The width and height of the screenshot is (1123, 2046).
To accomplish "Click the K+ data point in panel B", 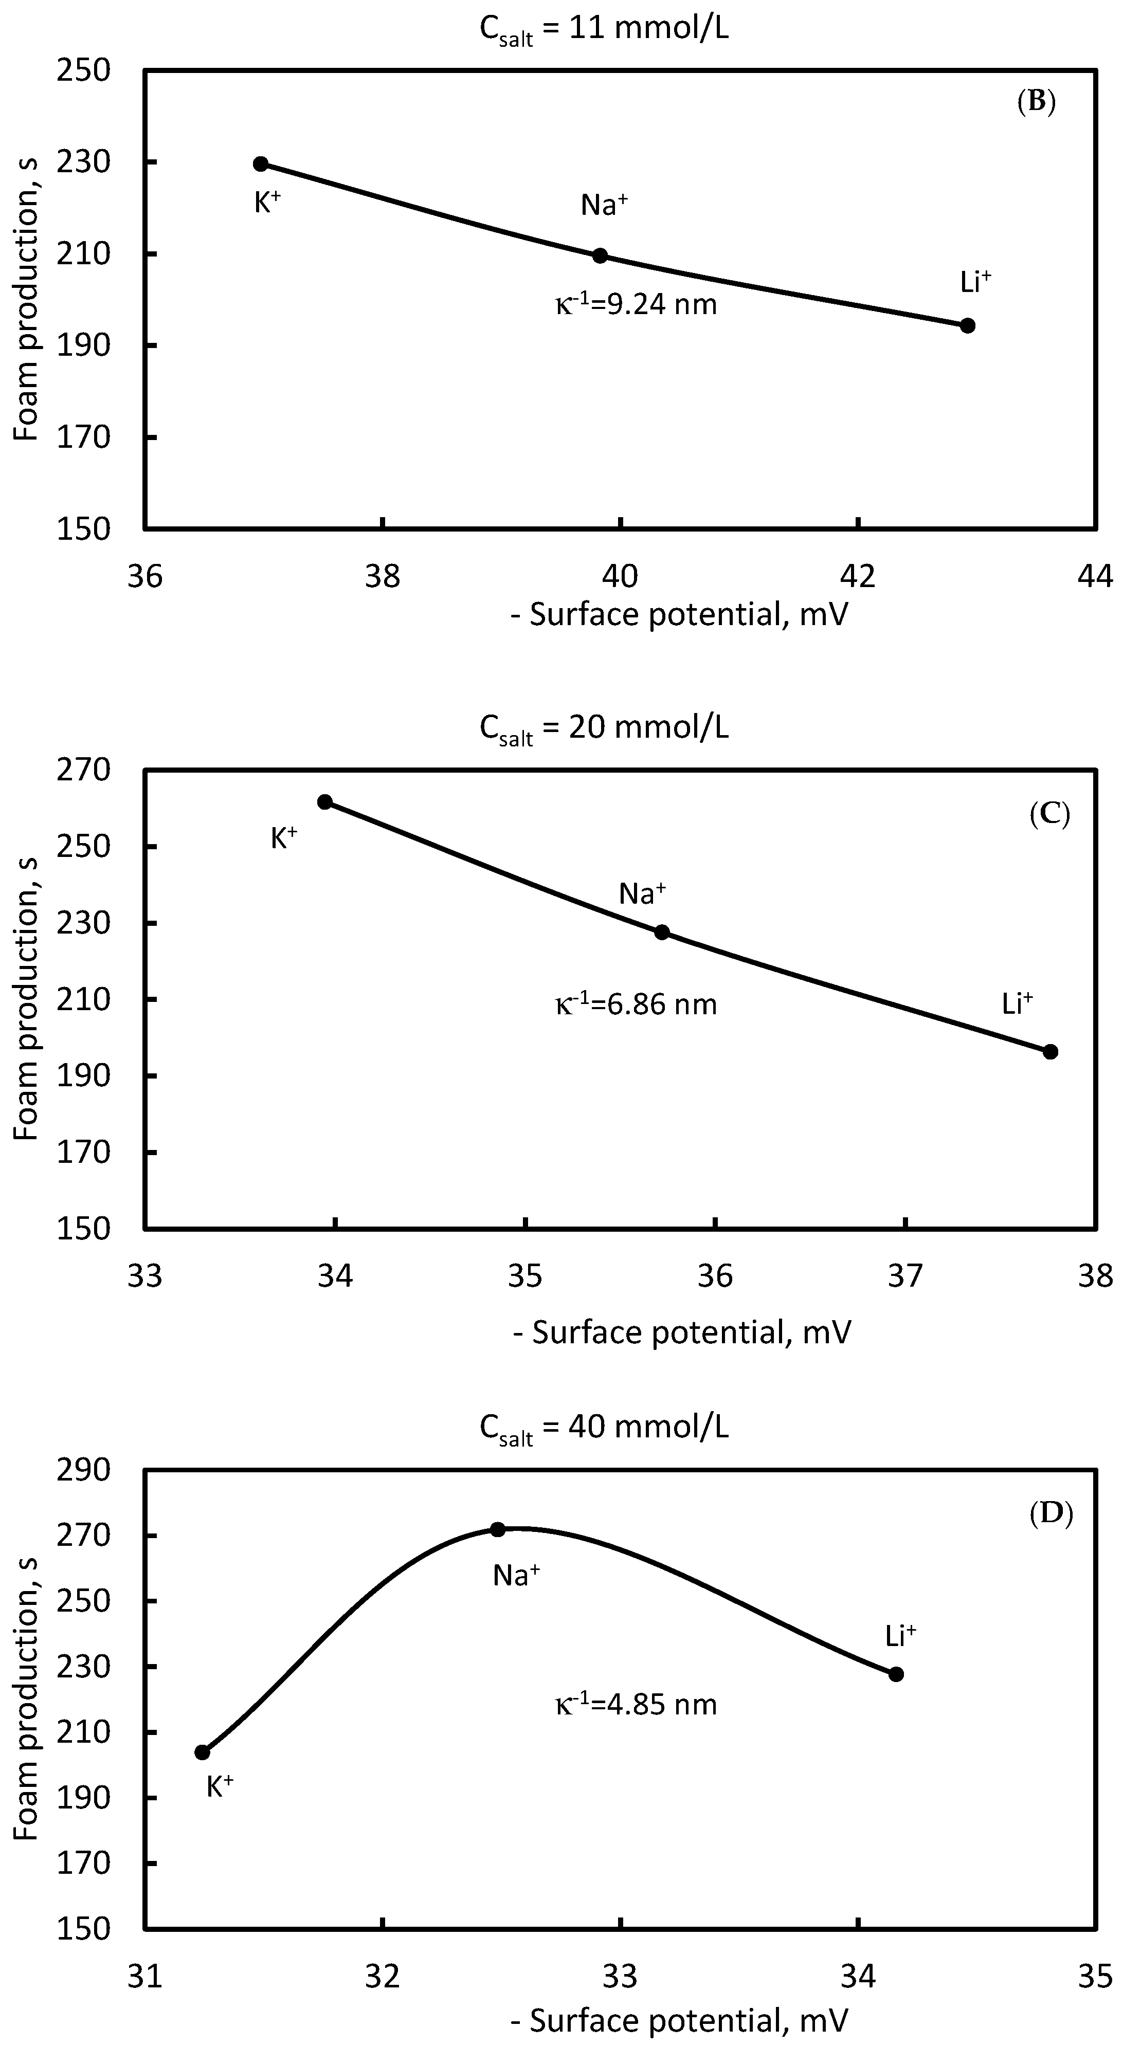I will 261,163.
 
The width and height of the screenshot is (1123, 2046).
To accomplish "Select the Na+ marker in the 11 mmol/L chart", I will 601,256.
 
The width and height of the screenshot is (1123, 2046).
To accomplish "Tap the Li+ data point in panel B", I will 967,325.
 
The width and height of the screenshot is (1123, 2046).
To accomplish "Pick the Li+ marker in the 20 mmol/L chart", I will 1050,1052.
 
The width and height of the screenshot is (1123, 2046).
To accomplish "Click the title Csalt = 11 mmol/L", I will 604,30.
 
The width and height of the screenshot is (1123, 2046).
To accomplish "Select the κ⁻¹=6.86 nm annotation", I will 636,1004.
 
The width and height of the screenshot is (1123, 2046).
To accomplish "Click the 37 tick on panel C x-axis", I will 905,1275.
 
